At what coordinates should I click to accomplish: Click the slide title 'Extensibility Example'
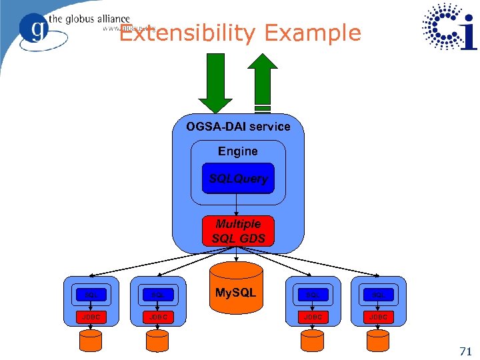point(240,33)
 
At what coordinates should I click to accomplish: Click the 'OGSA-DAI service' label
point(238,127)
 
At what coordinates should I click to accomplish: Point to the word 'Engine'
point(238,151)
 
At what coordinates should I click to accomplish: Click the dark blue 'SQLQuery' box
point(238,179)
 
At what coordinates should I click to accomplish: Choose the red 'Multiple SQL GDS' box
point(238,231)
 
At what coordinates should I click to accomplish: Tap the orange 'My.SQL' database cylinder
point(236,288)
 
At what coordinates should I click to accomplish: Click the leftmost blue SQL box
point(91,294)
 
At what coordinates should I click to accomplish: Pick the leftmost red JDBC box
point(91,317)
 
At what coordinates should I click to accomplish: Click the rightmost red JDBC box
point(378,317)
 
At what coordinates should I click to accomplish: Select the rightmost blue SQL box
point(378,294)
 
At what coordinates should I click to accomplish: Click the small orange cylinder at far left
point(91,341)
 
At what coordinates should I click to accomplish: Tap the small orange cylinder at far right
point(378,341)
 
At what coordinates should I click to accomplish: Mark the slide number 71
point(465,351)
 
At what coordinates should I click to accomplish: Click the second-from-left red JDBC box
point(158,317)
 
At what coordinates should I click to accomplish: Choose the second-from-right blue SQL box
point(311,294)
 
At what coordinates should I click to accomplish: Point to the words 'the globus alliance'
point(89,19)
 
